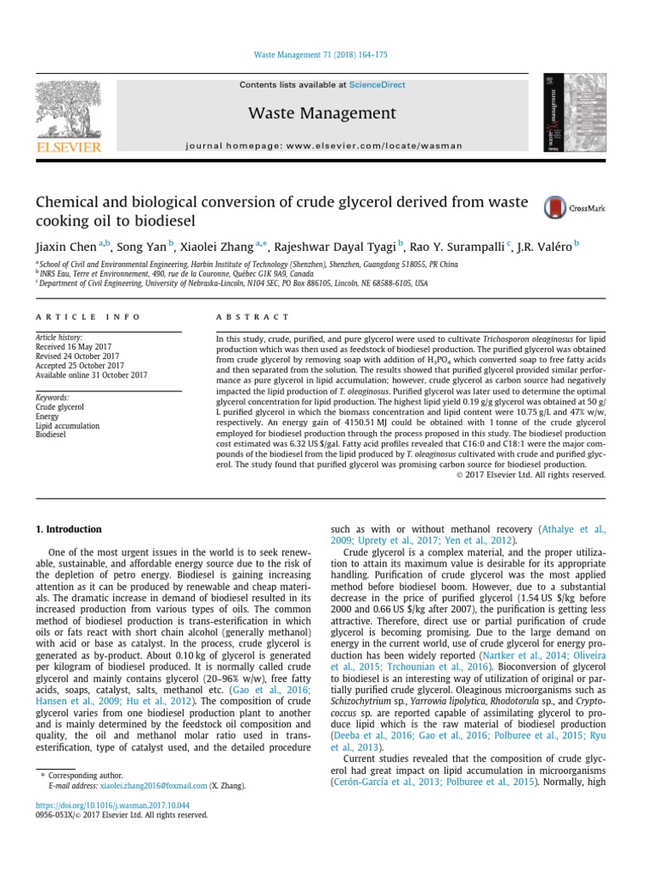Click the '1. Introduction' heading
point(68,529)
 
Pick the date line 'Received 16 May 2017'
point(77,347)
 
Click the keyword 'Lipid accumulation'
point(67,425)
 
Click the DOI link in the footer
point(112,805)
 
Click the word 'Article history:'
point(59,338)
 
